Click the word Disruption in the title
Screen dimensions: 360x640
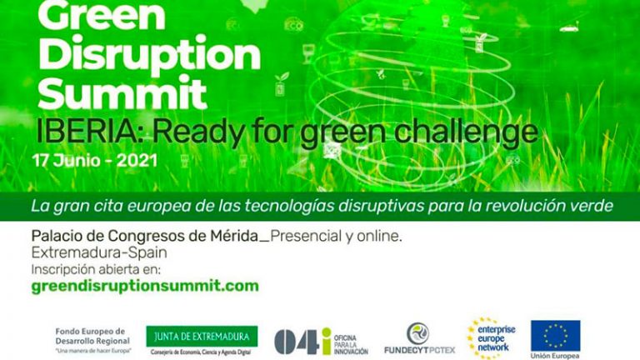coord(149,56)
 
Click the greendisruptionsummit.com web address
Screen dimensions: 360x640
coord(144,286)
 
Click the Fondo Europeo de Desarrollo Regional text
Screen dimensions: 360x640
coord(92,335)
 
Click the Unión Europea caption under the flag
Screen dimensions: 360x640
coord(556,356)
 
